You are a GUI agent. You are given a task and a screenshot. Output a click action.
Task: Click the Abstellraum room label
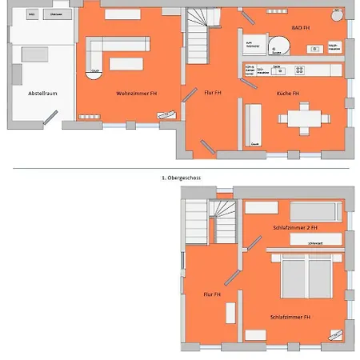[x=42, y=94]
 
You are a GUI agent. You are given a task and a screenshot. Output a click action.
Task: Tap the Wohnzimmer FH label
[x=137, y=94]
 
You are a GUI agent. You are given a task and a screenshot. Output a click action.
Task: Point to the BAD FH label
[x=302, y=27]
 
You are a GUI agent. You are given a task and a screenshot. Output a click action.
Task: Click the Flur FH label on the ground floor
[x=212, y=94]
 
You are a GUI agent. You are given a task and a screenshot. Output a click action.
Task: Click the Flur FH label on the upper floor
[x=211, y=294]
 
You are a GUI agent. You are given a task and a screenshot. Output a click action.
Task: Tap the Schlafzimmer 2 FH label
[x=294, y=228]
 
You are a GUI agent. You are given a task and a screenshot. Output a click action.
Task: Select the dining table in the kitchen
[x=304, y=118]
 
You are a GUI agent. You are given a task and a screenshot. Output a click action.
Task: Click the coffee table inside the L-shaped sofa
[x=126, y=63]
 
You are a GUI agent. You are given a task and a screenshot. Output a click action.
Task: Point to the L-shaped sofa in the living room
[x=96, y=52]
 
